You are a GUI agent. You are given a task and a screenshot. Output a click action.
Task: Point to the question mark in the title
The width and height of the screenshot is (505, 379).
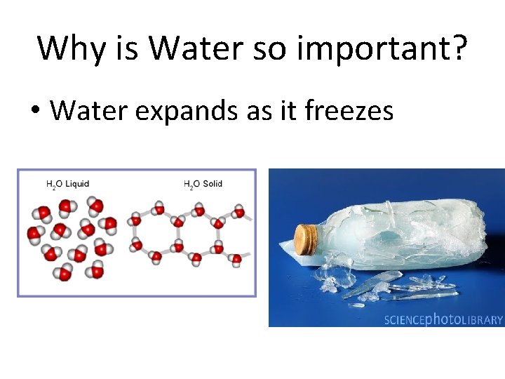[457, 48]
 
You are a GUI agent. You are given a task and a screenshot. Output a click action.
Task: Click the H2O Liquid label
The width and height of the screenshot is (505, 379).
[68, 185]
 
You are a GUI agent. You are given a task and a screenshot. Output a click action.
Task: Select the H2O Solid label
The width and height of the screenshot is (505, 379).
[203, 185]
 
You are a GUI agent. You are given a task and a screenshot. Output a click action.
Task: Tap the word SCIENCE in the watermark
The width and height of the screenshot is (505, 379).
[405, 320]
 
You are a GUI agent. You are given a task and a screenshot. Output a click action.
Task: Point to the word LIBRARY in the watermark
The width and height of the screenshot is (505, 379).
[483, 320]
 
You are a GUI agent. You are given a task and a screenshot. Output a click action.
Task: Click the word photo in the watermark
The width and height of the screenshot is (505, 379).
[444, 320]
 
